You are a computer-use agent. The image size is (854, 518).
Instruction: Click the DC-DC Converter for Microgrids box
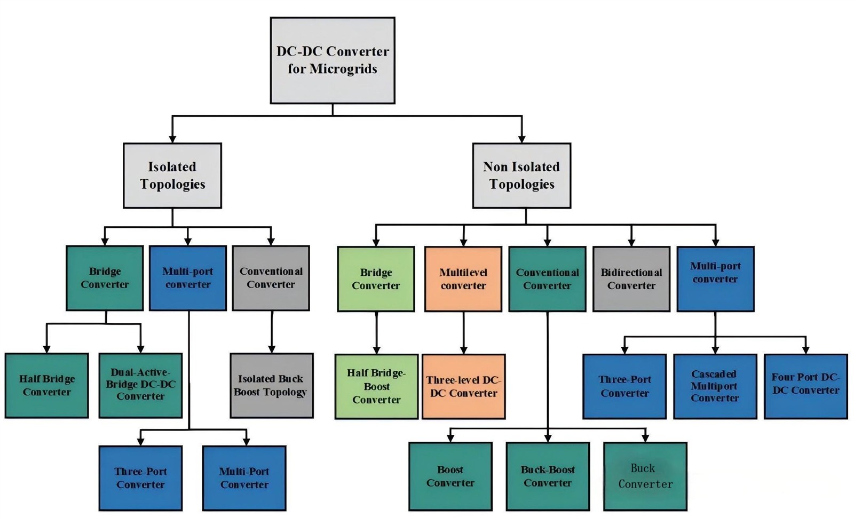coord(332,60)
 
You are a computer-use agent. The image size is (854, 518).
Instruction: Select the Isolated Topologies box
coord(172,176)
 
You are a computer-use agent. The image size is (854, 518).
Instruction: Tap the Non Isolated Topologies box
coord(521,176)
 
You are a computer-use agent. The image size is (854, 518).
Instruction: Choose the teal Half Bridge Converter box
coord(46,385)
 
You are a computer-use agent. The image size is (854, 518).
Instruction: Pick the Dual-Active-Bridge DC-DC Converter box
coord(140,385)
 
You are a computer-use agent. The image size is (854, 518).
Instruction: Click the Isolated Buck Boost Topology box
coord(271,385)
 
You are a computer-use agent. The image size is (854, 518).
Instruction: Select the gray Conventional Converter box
coord(271,278)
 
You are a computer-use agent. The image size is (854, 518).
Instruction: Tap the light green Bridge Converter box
coord(376,279)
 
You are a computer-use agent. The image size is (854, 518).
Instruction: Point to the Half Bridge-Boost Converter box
coord(376,386)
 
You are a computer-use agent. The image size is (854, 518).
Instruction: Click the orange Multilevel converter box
coord(463,279)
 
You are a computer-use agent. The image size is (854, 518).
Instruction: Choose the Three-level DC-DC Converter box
coord(463,386)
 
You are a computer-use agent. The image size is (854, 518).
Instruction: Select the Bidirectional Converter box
coord(631,279)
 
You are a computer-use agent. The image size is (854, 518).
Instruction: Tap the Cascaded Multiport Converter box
coord(715,386)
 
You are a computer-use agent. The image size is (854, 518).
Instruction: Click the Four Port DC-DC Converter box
coord(805,386)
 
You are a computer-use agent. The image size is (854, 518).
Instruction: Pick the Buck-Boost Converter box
coord(548,476)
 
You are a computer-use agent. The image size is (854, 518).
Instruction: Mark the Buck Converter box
coord(645,476)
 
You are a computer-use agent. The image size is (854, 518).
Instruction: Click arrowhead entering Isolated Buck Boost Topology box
coord(272,349)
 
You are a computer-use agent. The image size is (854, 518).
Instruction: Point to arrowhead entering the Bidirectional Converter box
coord(631,242)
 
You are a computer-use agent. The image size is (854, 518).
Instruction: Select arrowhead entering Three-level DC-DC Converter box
coord(463,350)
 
